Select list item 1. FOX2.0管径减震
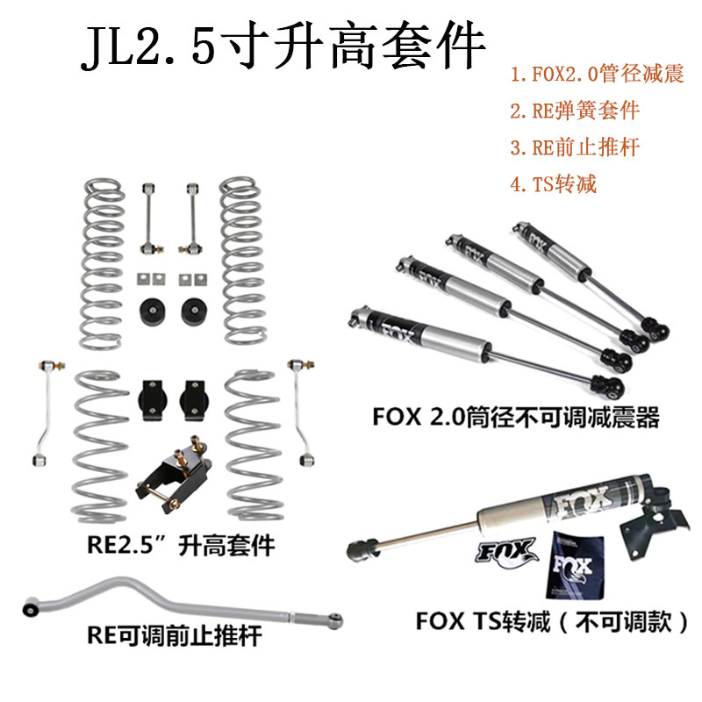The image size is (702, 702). click(598, 74)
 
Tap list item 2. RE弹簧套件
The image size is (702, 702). click(575, 111)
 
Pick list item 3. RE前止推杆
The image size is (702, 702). click(575, 147)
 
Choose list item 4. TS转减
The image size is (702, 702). click(554, 184)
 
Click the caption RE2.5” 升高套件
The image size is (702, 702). click(181, 546)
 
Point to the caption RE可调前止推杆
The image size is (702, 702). click(175, 635)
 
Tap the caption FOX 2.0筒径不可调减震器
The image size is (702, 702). click(516, 418)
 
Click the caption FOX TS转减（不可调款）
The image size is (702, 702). click(552, 622)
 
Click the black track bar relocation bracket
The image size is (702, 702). click(174, 475)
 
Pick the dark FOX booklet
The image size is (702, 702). click(575, 565)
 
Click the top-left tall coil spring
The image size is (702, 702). click(103, 264)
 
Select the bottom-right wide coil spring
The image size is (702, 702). click(254, 446)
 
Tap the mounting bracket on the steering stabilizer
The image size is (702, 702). click(654, 519)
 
